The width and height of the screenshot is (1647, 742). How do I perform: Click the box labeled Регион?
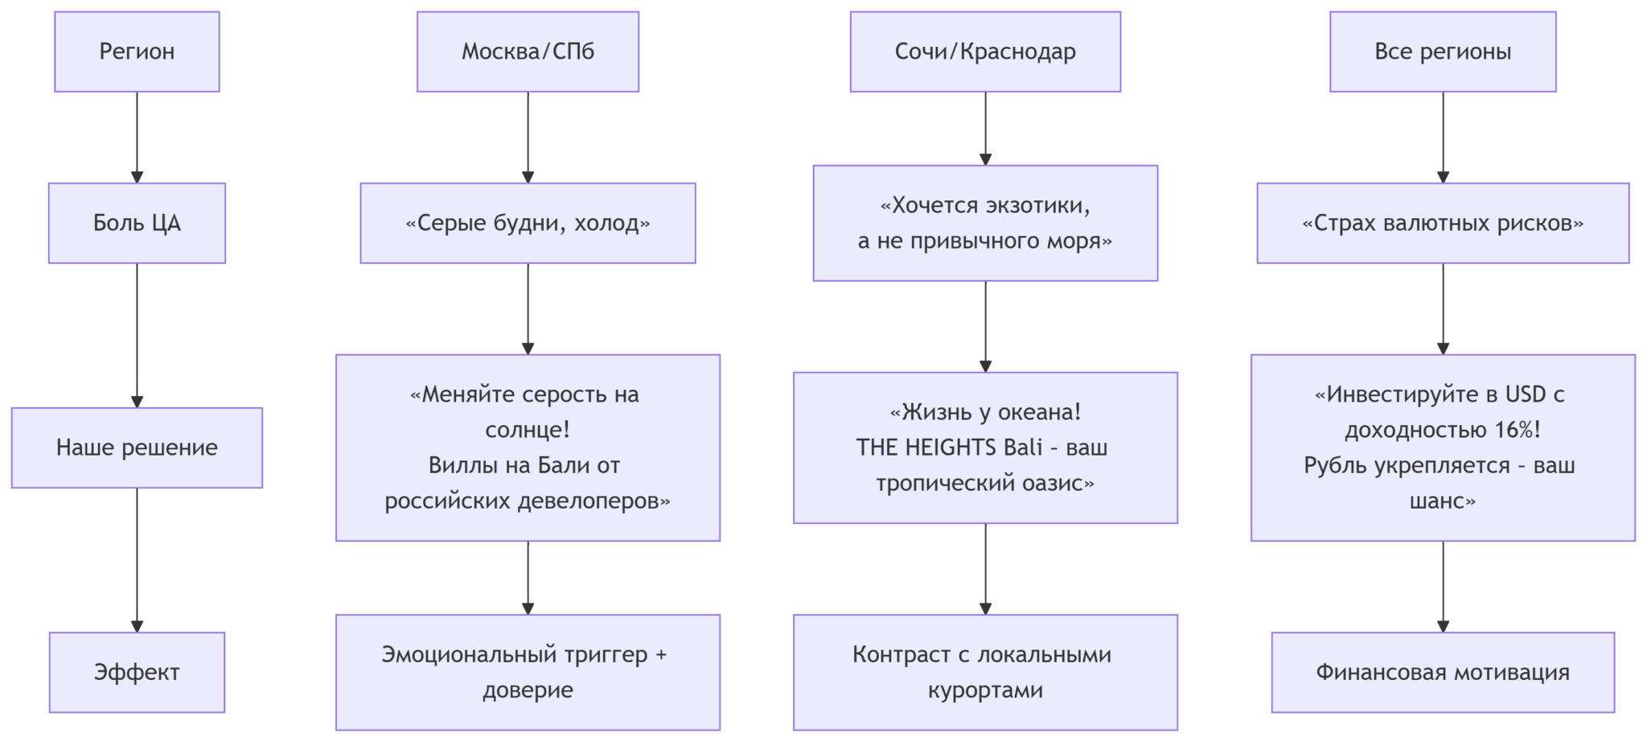pos(137,52)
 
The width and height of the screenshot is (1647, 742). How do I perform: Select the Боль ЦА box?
pos(137,223)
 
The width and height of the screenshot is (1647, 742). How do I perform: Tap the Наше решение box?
pos(137,447)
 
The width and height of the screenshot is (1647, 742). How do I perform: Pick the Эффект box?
pos(137,672)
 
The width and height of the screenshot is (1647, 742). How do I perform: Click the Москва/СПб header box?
pos(528,52)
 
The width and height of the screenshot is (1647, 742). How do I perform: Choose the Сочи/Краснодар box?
pos(985,52)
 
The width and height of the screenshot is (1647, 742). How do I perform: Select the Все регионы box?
pos(1443,52)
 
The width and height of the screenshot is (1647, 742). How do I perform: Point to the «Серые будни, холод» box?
pos(528,223)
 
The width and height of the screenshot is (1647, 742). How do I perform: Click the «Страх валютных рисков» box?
pos(1443,223)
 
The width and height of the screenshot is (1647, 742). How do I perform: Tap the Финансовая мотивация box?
pos(1443,672)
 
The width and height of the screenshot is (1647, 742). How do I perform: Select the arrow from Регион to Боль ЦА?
pos(137,137)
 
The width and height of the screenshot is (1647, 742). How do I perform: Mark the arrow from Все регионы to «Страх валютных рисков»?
pos(1443,137)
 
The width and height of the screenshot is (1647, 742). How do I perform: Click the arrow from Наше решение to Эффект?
pos(137,559)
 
